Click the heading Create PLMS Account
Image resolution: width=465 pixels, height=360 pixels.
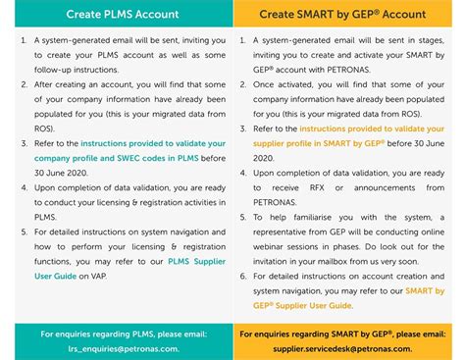(x=117, y=15)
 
